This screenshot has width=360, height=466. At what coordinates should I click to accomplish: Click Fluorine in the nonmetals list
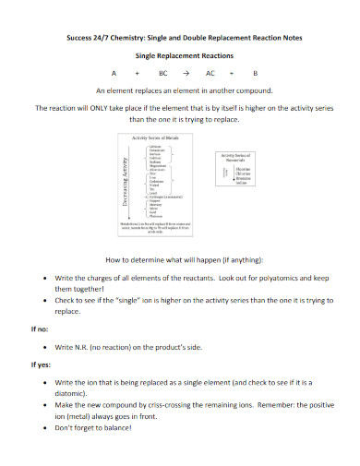click(x=242, y=169)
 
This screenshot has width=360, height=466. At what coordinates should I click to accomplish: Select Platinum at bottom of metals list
click(x=154, y=215)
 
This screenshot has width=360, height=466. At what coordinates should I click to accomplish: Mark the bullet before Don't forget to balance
click(x=46, y=428)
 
